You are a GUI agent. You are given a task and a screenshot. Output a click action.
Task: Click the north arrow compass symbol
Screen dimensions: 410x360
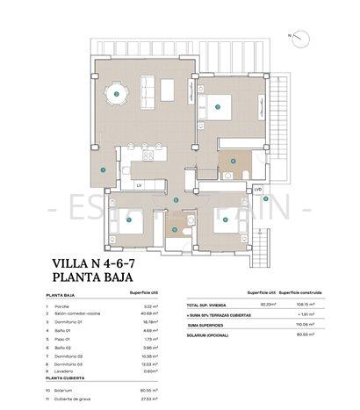301,36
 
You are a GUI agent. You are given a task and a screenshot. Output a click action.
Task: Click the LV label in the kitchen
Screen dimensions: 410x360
138,185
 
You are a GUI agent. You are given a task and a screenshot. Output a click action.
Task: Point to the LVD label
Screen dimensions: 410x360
258,189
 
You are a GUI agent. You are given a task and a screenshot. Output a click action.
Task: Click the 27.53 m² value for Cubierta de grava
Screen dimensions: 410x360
140,398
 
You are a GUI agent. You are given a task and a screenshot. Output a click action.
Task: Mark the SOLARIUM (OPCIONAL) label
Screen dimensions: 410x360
210,334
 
